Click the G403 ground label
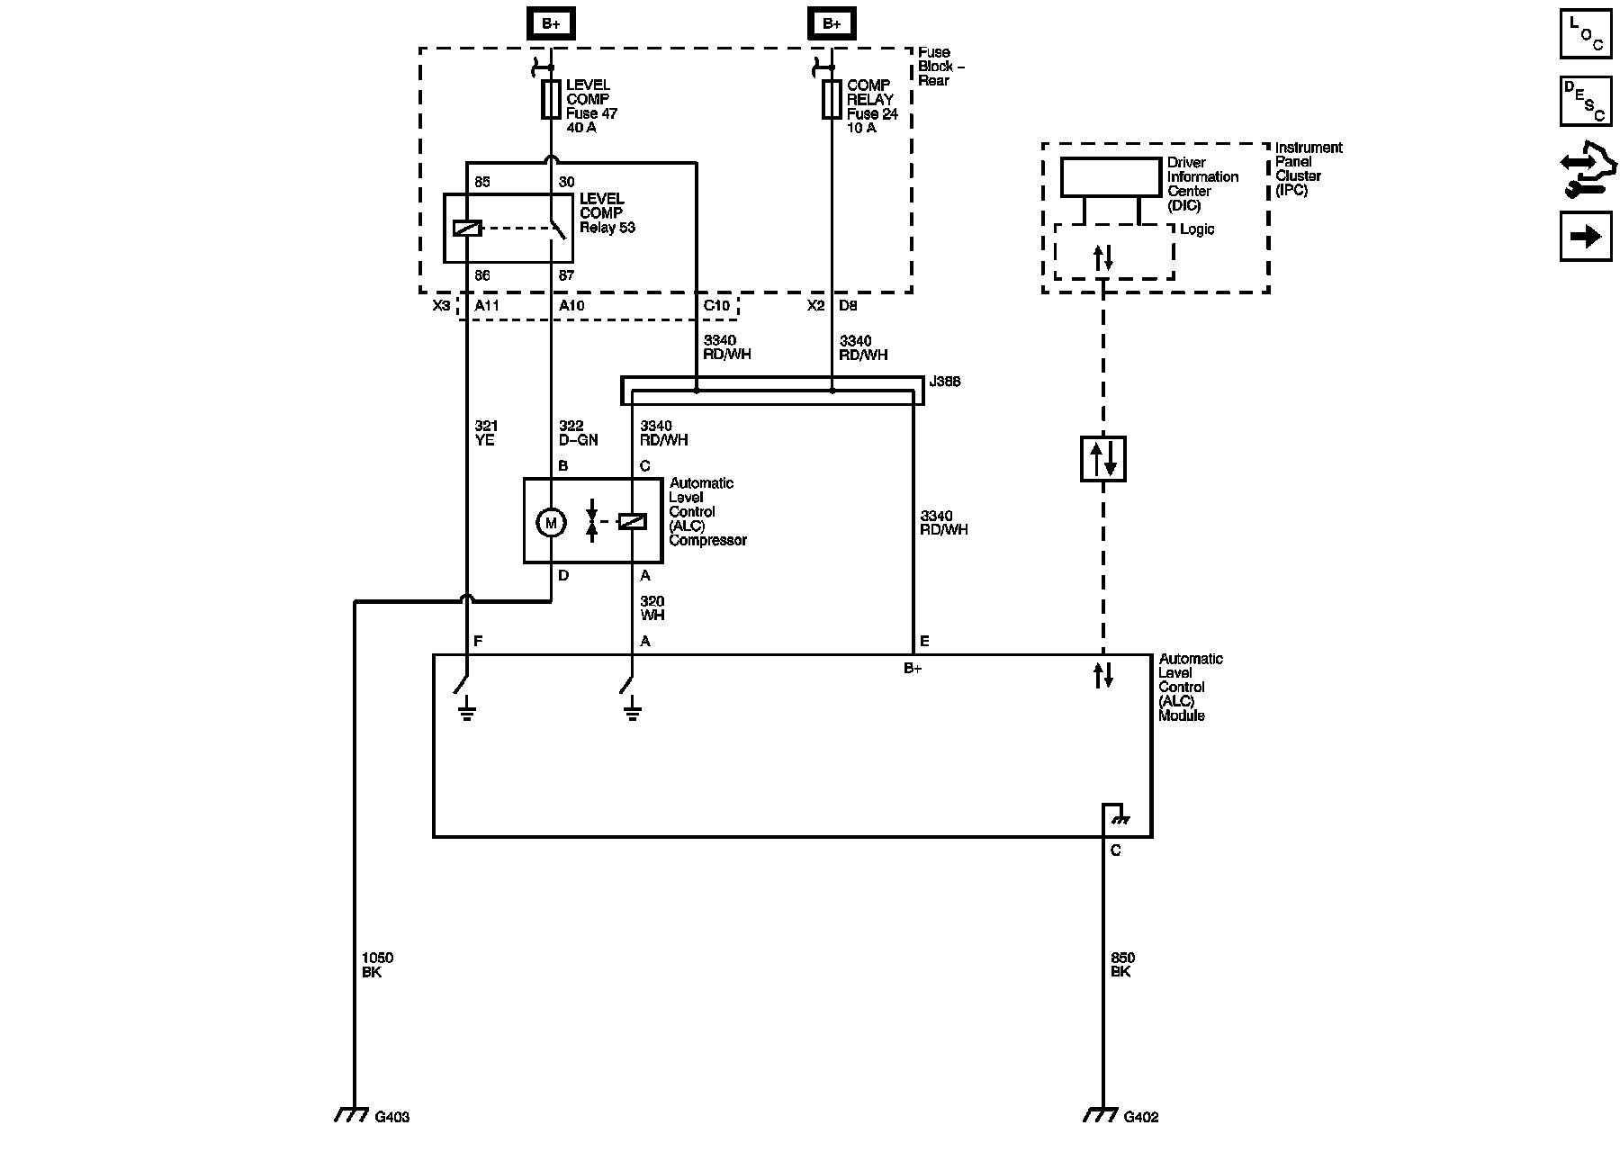392,1117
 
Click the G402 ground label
1141,1117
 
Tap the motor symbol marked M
552,522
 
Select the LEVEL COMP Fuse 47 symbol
551,99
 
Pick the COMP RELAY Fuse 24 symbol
832,99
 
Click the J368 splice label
945,382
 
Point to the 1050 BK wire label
377,966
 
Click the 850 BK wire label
1122,966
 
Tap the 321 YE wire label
486,433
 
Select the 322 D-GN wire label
578,433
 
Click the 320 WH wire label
652,608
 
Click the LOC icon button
1586,33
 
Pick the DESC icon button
1586,101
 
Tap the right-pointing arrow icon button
1586,236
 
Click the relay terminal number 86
482,275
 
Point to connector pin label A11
487,306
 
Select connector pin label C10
716,306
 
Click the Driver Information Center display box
1111,177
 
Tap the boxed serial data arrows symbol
1102,458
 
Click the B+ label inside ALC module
913,669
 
